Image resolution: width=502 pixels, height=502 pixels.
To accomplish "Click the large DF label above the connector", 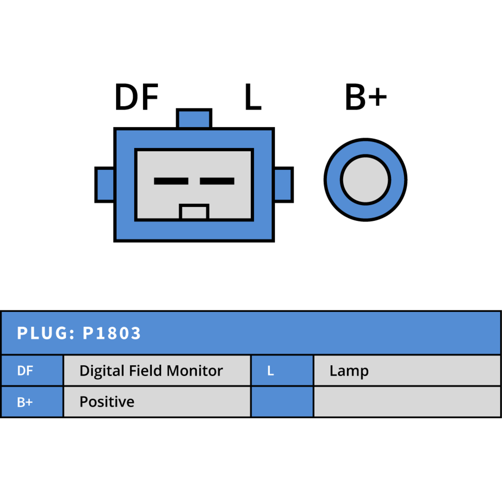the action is (136, 97).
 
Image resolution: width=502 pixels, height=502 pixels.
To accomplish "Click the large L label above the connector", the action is (253, 97).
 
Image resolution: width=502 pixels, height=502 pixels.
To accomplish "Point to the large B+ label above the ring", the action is (366, 97).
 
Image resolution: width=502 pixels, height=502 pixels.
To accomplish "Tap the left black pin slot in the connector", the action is (171, 181).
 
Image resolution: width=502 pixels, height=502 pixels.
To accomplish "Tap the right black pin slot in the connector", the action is (217, 181).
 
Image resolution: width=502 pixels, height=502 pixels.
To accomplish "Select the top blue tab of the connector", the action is (194, 118).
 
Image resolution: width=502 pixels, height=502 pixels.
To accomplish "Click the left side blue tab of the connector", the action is (104, 185).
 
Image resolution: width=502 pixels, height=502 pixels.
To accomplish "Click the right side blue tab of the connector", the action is (284, 185).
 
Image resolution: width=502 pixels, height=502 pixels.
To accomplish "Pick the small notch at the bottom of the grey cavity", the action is (194, 212).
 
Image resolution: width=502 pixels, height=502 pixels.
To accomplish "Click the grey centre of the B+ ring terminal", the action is (366, 180).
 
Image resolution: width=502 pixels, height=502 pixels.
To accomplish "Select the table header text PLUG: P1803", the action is (79, 333).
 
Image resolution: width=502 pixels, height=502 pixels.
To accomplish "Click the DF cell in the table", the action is (32, 371).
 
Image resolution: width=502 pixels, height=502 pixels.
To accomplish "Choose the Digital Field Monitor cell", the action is (157, 371).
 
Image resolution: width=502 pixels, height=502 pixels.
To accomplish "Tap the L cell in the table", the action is (282, 371).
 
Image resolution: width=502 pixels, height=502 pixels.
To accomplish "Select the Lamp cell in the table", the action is (407, 371).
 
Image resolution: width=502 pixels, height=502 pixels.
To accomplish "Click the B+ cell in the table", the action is (32, 402).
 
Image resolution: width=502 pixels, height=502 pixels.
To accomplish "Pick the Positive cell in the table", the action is (157, 402).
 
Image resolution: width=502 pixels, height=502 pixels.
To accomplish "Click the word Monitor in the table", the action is (195, 371).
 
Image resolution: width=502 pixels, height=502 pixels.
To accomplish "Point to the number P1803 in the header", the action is (112, 333).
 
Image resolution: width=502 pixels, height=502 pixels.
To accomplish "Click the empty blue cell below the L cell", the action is (282, 402).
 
